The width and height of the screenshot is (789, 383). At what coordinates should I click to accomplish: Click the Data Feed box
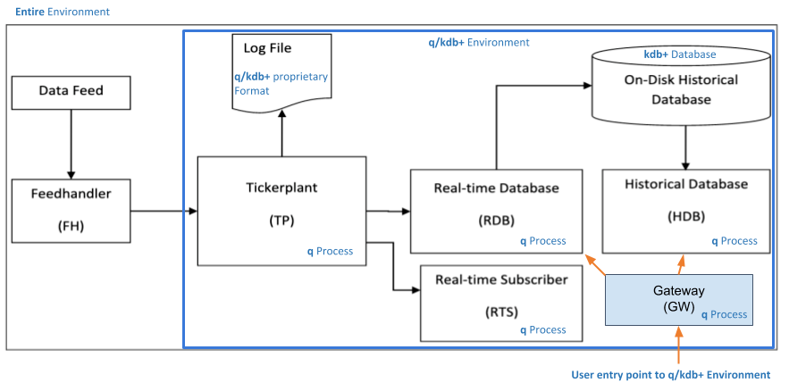71,93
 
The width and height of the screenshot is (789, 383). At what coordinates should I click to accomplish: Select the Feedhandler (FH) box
71,211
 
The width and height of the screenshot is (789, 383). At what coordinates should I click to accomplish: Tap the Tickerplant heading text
281,187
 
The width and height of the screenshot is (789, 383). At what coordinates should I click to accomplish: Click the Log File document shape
281,72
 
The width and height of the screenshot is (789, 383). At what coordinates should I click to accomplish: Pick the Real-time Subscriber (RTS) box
501,303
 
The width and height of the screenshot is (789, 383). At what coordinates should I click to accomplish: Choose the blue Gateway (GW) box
679,300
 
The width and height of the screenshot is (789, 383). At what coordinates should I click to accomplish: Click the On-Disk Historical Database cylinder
681,86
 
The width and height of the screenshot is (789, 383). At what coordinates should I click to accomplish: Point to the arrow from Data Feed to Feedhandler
71,145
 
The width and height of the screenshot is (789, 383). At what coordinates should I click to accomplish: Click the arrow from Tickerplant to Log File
281,133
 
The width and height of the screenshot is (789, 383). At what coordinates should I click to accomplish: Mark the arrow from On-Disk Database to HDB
684,146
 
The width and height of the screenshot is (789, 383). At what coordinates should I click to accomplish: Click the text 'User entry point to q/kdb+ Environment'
671,374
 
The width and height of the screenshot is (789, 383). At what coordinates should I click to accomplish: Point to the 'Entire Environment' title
63,12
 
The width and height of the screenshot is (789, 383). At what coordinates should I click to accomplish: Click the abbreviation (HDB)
686,217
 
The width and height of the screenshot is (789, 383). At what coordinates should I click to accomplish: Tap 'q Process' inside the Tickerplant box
330,251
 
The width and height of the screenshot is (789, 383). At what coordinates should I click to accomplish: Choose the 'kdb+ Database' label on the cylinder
680,54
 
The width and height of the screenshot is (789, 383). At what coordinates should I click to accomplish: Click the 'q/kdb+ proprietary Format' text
281,83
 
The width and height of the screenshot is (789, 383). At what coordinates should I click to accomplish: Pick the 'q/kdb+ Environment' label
479,42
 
